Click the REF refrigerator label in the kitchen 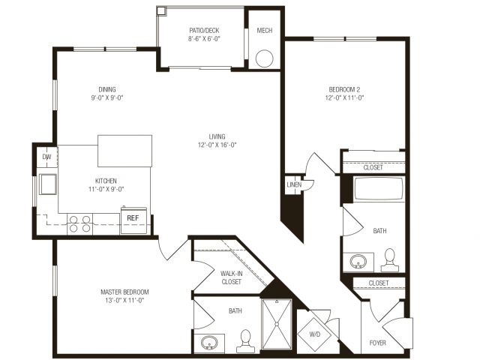(x=133, y=218)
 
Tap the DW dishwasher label (x=46, y=157)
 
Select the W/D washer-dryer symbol (x=315, y=334)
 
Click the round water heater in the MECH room (x=265, y=58)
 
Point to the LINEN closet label (x=294, y=184)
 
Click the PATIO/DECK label (x=204, y=30)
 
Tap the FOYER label (x=378, y=343)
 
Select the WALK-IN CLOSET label (x=232, y=277)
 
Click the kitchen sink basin (x=48, y=184)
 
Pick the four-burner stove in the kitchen (x=80, y=224)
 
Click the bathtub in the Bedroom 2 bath (x=379, y=189)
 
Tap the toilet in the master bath (x=245, y=341)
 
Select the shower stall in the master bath (x=277, y=324)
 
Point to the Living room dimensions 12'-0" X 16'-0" (x=217, y=145)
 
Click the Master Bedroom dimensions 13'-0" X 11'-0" (x=124, y=300)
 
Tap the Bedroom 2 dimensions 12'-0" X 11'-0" (x=344, y=98)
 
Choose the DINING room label (x=107, y=89)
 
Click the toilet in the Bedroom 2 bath (x=390, y=260)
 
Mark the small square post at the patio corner (x=161, y=10)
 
